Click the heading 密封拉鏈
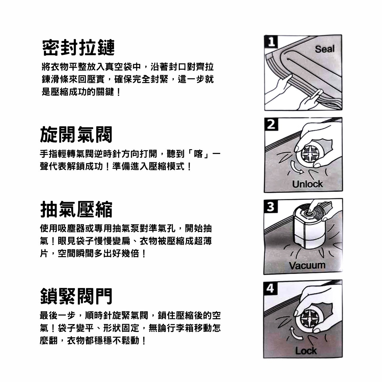pos(78,47)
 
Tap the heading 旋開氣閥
pos(76,135)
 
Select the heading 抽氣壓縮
pos(76,209)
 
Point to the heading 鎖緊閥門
pos(76,296)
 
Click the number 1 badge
pos(271,41)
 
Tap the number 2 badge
pos(271,124)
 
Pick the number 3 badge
pos(270,206)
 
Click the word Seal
pos(324,49)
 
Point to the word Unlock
pos(307,184)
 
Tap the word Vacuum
pos(307,265)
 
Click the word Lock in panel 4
pos(306,351)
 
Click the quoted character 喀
pos(198,154)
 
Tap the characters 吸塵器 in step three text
pos(71,228)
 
